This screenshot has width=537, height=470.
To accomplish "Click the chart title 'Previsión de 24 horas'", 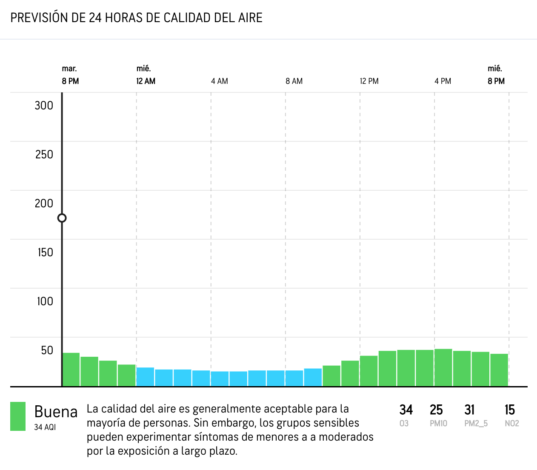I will (x=136, y=18).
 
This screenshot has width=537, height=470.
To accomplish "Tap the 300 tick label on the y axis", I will (x=44, y=106).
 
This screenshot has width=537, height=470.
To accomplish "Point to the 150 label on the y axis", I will (x=45, y=252).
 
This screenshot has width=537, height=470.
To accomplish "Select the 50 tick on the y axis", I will (x=47, y=350).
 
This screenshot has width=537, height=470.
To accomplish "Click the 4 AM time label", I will (x=219, y=81).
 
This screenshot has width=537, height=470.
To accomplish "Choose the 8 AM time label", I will (x=294, y=81).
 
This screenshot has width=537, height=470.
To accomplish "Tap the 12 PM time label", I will (x=369, y=81).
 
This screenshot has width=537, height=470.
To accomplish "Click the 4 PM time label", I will (x=443, y=81).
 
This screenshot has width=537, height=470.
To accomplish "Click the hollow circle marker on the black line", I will (x=62, y=218).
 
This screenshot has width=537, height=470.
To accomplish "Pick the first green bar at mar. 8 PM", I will (x=71, y=370).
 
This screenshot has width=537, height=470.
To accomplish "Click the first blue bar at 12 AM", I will (x=146, y=377).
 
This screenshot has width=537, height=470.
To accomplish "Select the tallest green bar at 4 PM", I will (x=443, y=367).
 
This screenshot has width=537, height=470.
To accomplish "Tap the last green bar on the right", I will (x=499, y=370).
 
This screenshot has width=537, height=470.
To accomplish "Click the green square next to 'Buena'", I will (x=18, y=416).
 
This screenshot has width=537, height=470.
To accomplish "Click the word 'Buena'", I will (x=56, y=412).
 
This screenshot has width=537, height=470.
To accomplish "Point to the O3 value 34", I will (x=406, y=410).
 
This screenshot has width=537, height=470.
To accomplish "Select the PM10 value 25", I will (x=436, y=410).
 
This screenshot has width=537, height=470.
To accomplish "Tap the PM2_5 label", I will (x=476, y=424).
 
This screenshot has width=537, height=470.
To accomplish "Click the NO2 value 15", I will (x=510, y=410).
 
